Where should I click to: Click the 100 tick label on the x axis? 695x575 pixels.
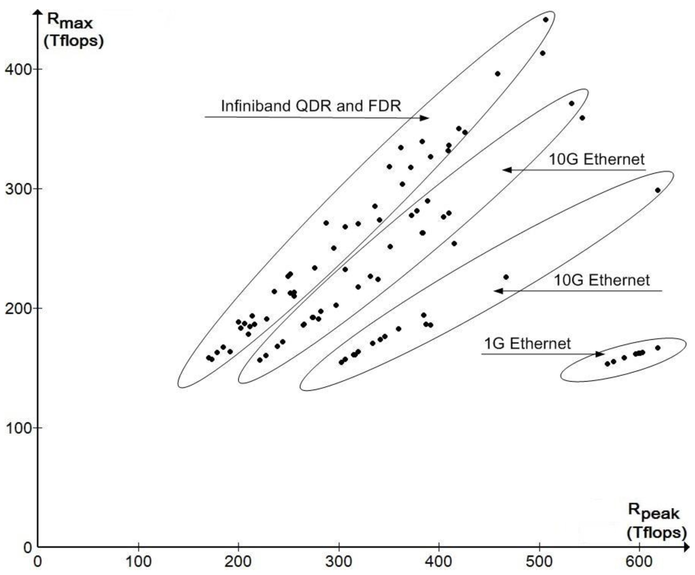tap(138, 561)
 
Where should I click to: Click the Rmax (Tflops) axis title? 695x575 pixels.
tap(74, 31)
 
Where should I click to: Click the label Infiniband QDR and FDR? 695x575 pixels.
tap(311, 106)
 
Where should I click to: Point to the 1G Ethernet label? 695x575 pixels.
tap(528, 344)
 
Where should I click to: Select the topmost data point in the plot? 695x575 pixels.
tap(546, 20)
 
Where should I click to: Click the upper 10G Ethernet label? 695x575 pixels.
tap(597, 159)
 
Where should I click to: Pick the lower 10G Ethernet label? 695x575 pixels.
tap(602, 280)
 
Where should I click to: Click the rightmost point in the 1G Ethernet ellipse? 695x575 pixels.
tap(658, 348)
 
